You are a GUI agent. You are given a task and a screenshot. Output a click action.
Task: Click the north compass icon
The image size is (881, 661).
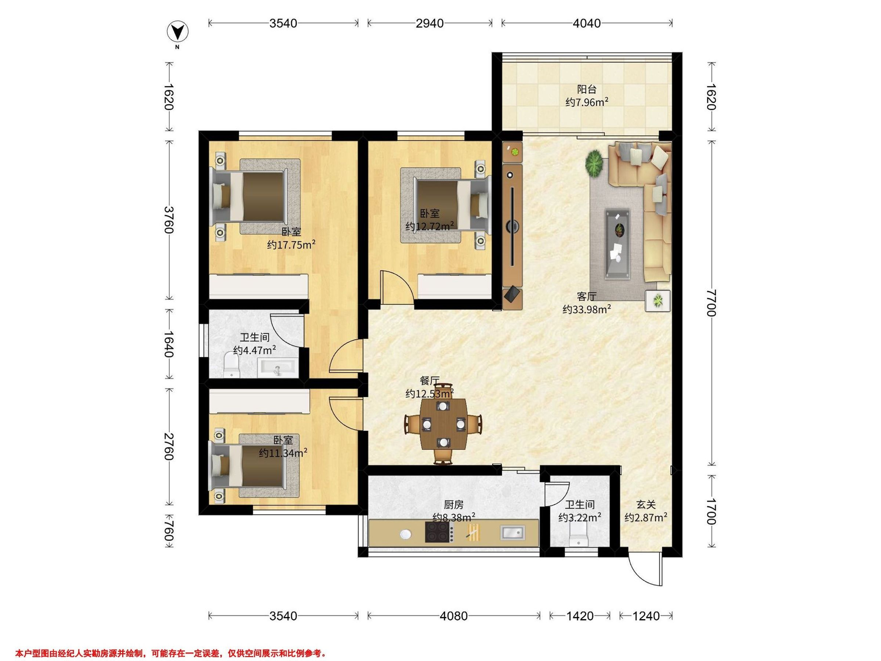click(178, 32)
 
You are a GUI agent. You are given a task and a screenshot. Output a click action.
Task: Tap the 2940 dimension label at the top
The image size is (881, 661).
click(430, 24)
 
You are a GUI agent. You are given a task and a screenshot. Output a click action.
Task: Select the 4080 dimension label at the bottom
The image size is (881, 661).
click(454, 616)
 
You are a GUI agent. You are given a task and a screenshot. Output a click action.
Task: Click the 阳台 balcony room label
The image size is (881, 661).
click(587, 90)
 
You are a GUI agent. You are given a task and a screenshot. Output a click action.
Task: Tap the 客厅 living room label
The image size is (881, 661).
click(587, 297)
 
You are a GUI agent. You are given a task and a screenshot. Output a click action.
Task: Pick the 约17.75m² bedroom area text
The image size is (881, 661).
click(291, 244)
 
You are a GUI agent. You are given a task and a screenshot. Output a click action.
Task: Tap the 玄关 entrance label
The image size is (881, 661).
click(646, 505)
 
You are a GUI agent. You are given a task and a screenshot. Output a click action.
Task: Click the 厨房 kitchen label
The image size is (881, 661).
click(454, 505)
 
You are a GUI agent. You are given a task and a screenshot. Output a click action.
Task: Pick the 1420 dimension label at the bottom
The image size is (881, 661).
click(580, 616)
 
